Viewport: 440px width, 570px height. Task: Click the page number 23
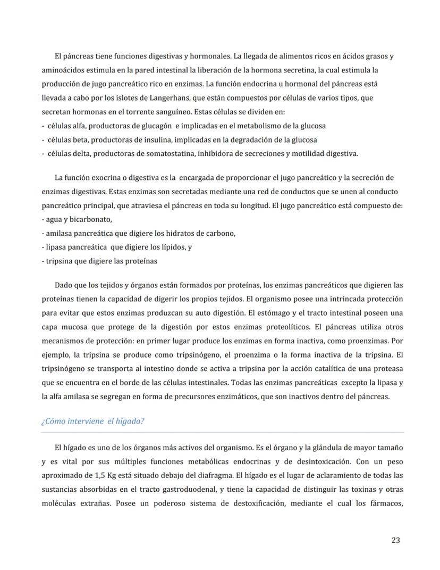point(395,540)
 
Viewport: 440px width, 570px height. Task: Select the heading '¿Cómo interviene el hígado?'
point(92,421)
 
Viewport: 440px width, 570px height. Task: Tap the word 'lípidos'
point(168,247)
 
